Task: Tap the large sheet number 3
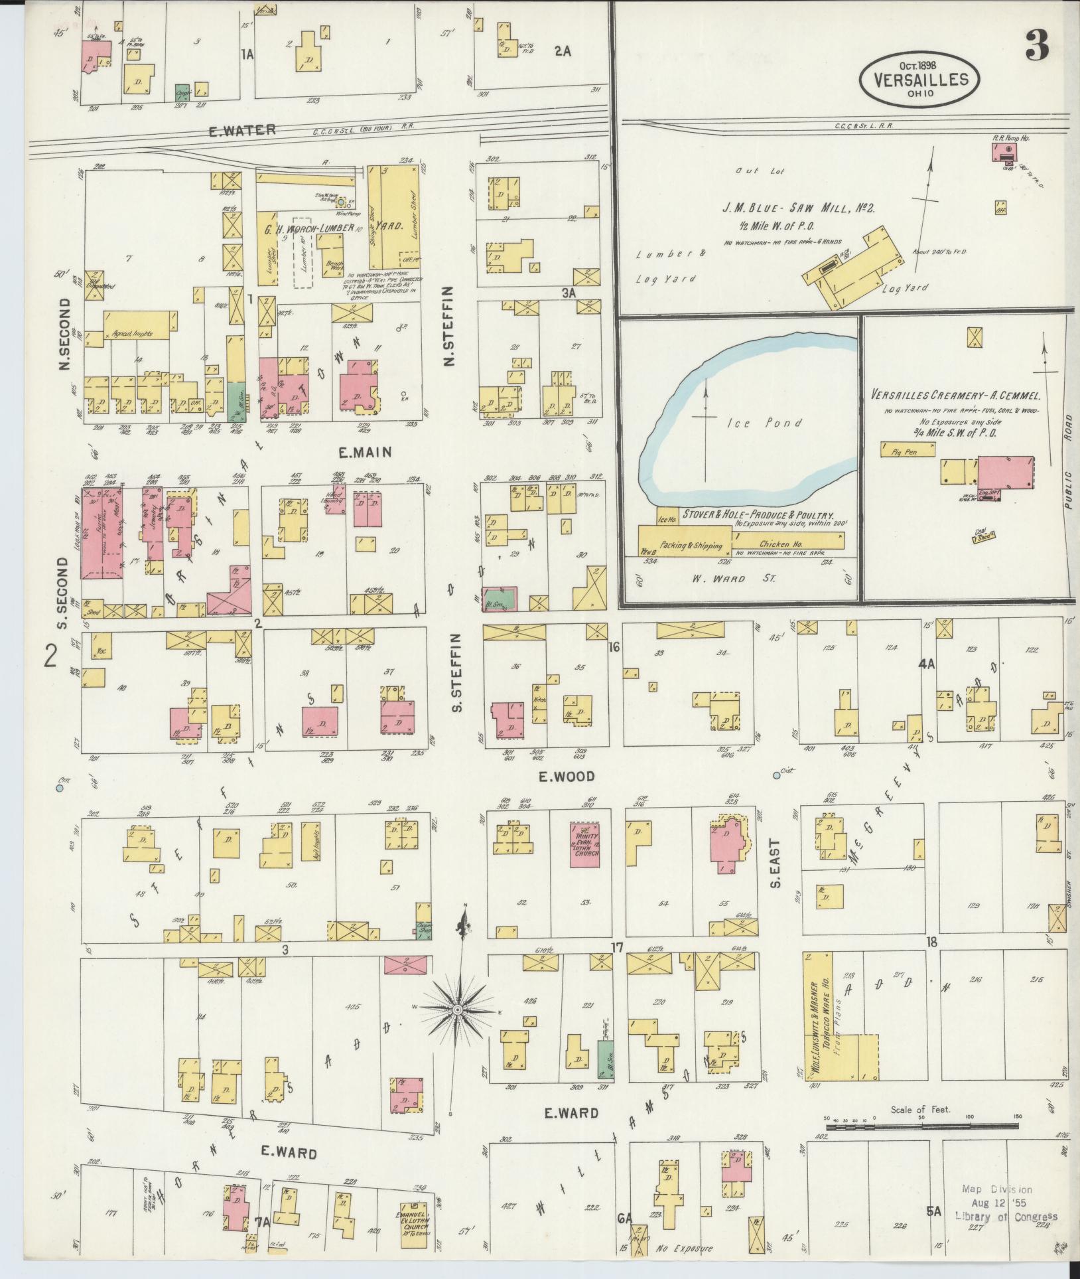coord(1036,44)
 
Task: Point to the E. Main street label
coord(365,453)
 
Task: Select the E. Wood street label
coord(567,776)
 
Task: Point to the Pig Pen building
coord(907,450)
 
